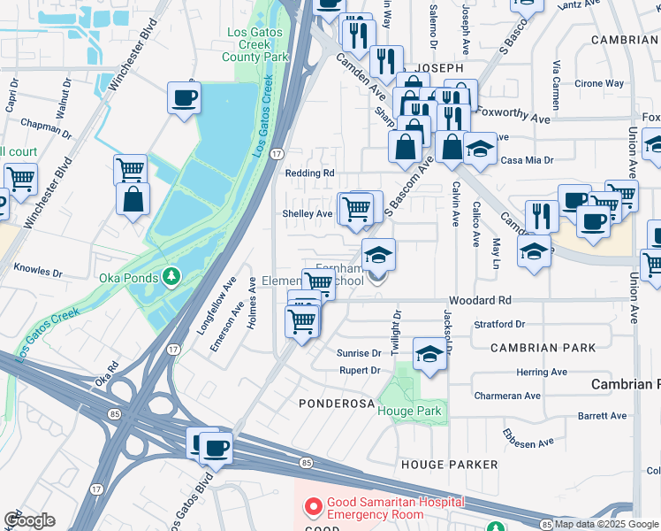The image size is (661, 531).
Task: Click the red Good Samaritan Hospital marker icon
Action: pos(312,508)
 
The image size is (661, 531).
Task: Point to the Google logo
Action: pos(29,520)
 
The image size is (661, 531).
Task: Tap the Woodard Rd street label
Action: pos(480,301)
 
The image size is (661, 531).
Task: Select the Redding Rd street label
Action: pos(309,173)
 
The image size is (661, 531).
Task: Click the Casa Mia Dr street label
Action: pos(527,160)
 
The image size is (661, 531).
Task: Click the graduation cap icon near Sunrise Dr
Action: pos(429,354)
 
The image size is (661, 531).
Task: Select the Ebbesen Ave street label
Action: pos(528,438)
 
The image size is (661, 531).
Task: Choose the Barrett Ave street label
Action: pos(602,415)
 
